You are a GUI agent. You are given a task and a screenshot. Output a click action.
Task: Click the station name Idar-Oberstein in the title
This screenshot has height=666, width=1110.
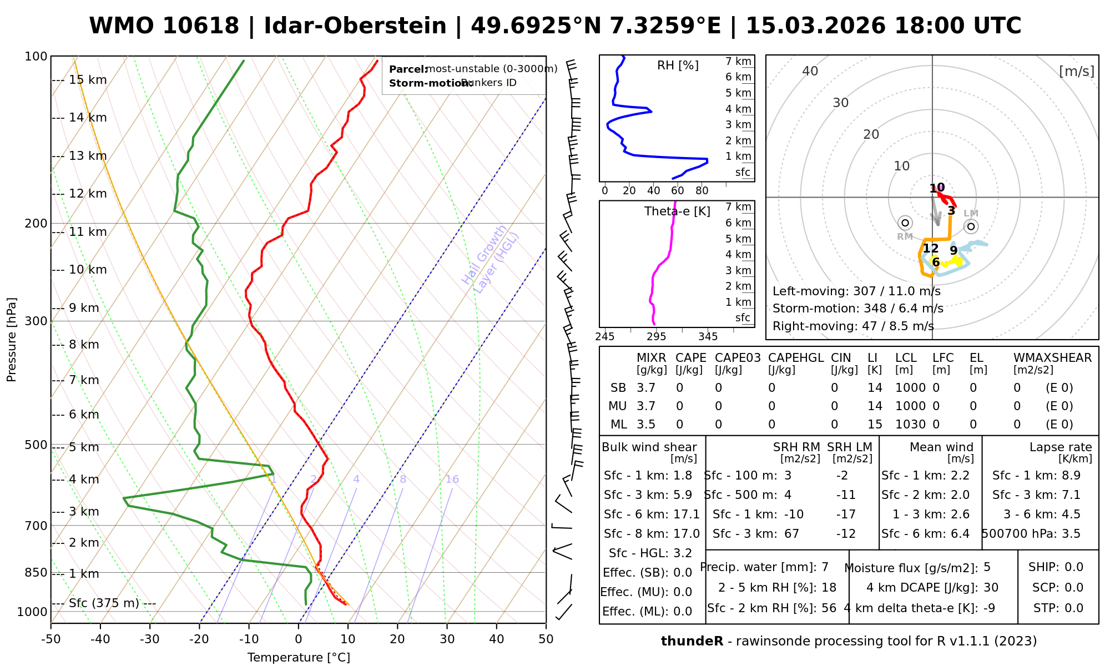355,26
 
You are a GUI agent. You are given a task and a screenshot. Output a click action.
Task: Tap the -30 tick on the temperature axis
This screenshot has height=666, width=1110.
150,639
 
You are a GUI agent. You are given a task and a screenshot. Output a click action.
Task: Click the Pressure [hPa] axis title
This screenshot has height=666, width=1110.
12,340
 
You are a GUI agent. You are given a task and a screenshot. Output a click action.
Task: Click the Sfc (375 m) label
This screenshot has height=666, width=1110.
104,603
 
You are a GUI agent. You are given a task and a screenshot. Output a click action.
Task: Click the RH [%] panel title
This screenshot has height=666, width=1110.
678,65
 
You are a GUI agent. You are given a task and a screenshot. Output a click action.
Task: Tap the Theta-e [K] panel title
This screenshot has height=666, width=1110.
677,211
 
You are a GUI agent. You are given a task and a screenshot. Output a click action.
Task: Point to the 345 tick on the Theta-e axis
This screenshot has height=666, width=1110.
708,337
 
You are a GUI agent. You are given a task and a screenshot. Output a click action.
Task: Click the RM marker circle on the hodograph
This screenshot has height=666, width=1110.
905,223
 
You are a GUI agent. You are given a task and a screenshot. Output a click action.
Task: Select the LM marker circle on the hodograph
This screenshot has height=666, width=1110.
971,226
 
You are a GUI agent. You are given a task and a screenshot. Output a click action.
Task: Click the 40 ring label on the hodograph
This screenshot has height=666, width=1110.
810,71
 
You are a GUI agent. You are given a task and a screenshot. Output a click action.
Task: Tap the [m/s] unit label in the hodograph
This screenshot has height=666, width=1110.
1076,72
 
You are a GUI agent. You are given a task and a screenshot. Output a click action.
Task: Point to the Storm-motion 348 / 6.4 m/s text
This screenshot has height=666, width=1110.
857,309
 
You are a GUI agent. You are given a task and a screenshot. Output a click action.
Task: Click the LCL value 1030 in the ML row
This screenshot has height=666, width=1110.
910,425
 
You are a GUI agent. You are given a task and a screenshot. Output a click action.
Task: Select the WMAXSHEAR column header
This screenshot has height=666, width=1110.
1052,358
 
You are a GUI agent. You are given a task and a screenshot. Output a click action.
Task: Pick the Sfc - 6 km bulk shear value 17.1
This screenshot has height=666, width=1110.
686,514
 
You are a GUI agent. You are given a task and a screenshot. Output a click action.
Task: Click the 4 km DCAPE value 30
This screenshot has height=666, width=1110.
991,588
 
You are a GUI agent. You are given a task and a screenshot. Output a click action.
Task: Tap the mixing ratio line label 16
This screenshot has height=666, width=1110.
452,480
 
